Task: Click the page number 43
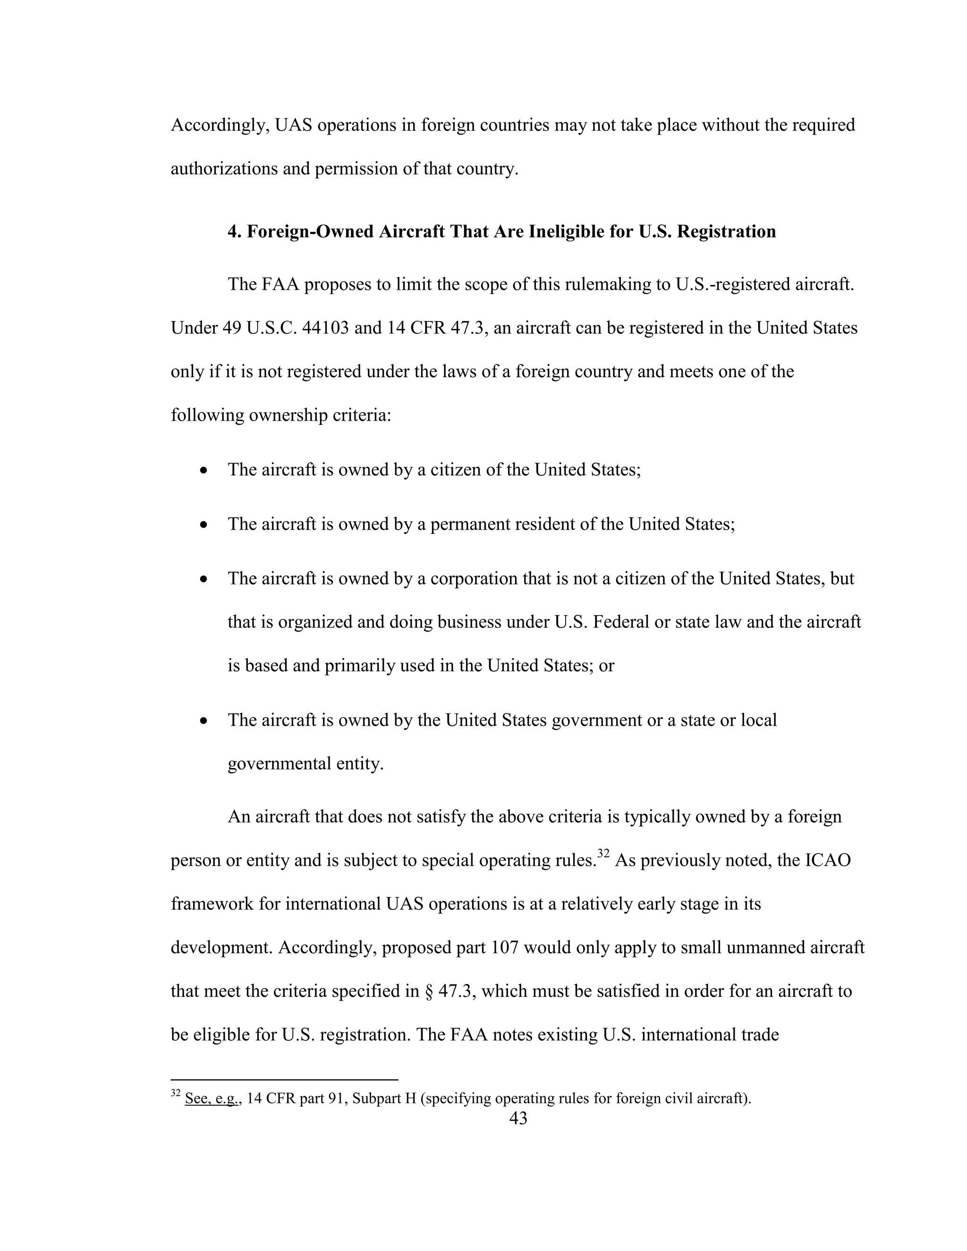[518, 1117]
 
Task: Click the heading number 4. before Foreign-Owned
[235, 231]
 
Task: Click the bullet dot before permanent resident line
[204, 524]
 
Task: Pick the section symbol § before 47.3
[429, 991]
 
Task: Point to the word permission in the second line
[359, 169]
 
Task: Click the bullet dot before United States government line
[204, 720]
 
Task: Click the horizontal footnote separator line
[284, 1079]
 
